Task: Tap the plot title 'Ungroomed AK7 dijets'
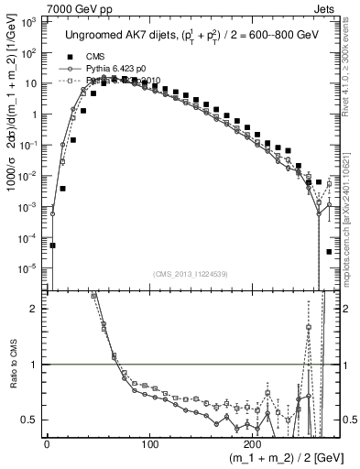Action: click(x=118, y=35)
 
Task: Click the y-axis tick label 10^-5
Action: click(x=28, y=268)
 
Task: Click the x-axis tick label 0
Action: click(x=46, y=442)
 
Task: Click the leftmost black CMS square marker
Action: click(x=53, y=245)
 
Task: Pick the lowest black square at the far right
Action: click(x=329, y=251)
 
